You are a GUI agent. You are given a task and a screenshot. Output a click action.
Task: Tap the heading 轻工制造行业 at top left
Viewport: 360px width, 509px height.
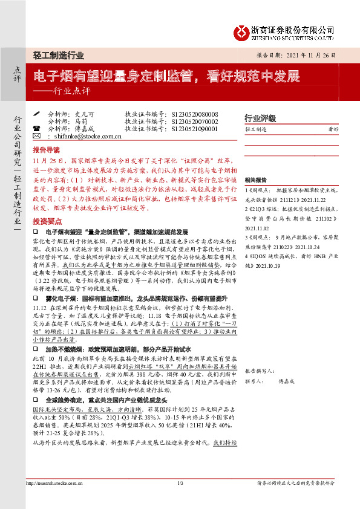point(58,54)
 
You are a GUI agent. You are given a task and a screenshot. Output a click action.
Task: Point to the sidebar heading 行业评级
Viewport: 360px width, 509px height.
point(260,118)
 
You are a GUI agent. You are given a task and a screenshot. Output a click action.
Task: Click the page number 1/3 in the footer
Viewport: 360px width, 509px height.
point(180,483)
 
